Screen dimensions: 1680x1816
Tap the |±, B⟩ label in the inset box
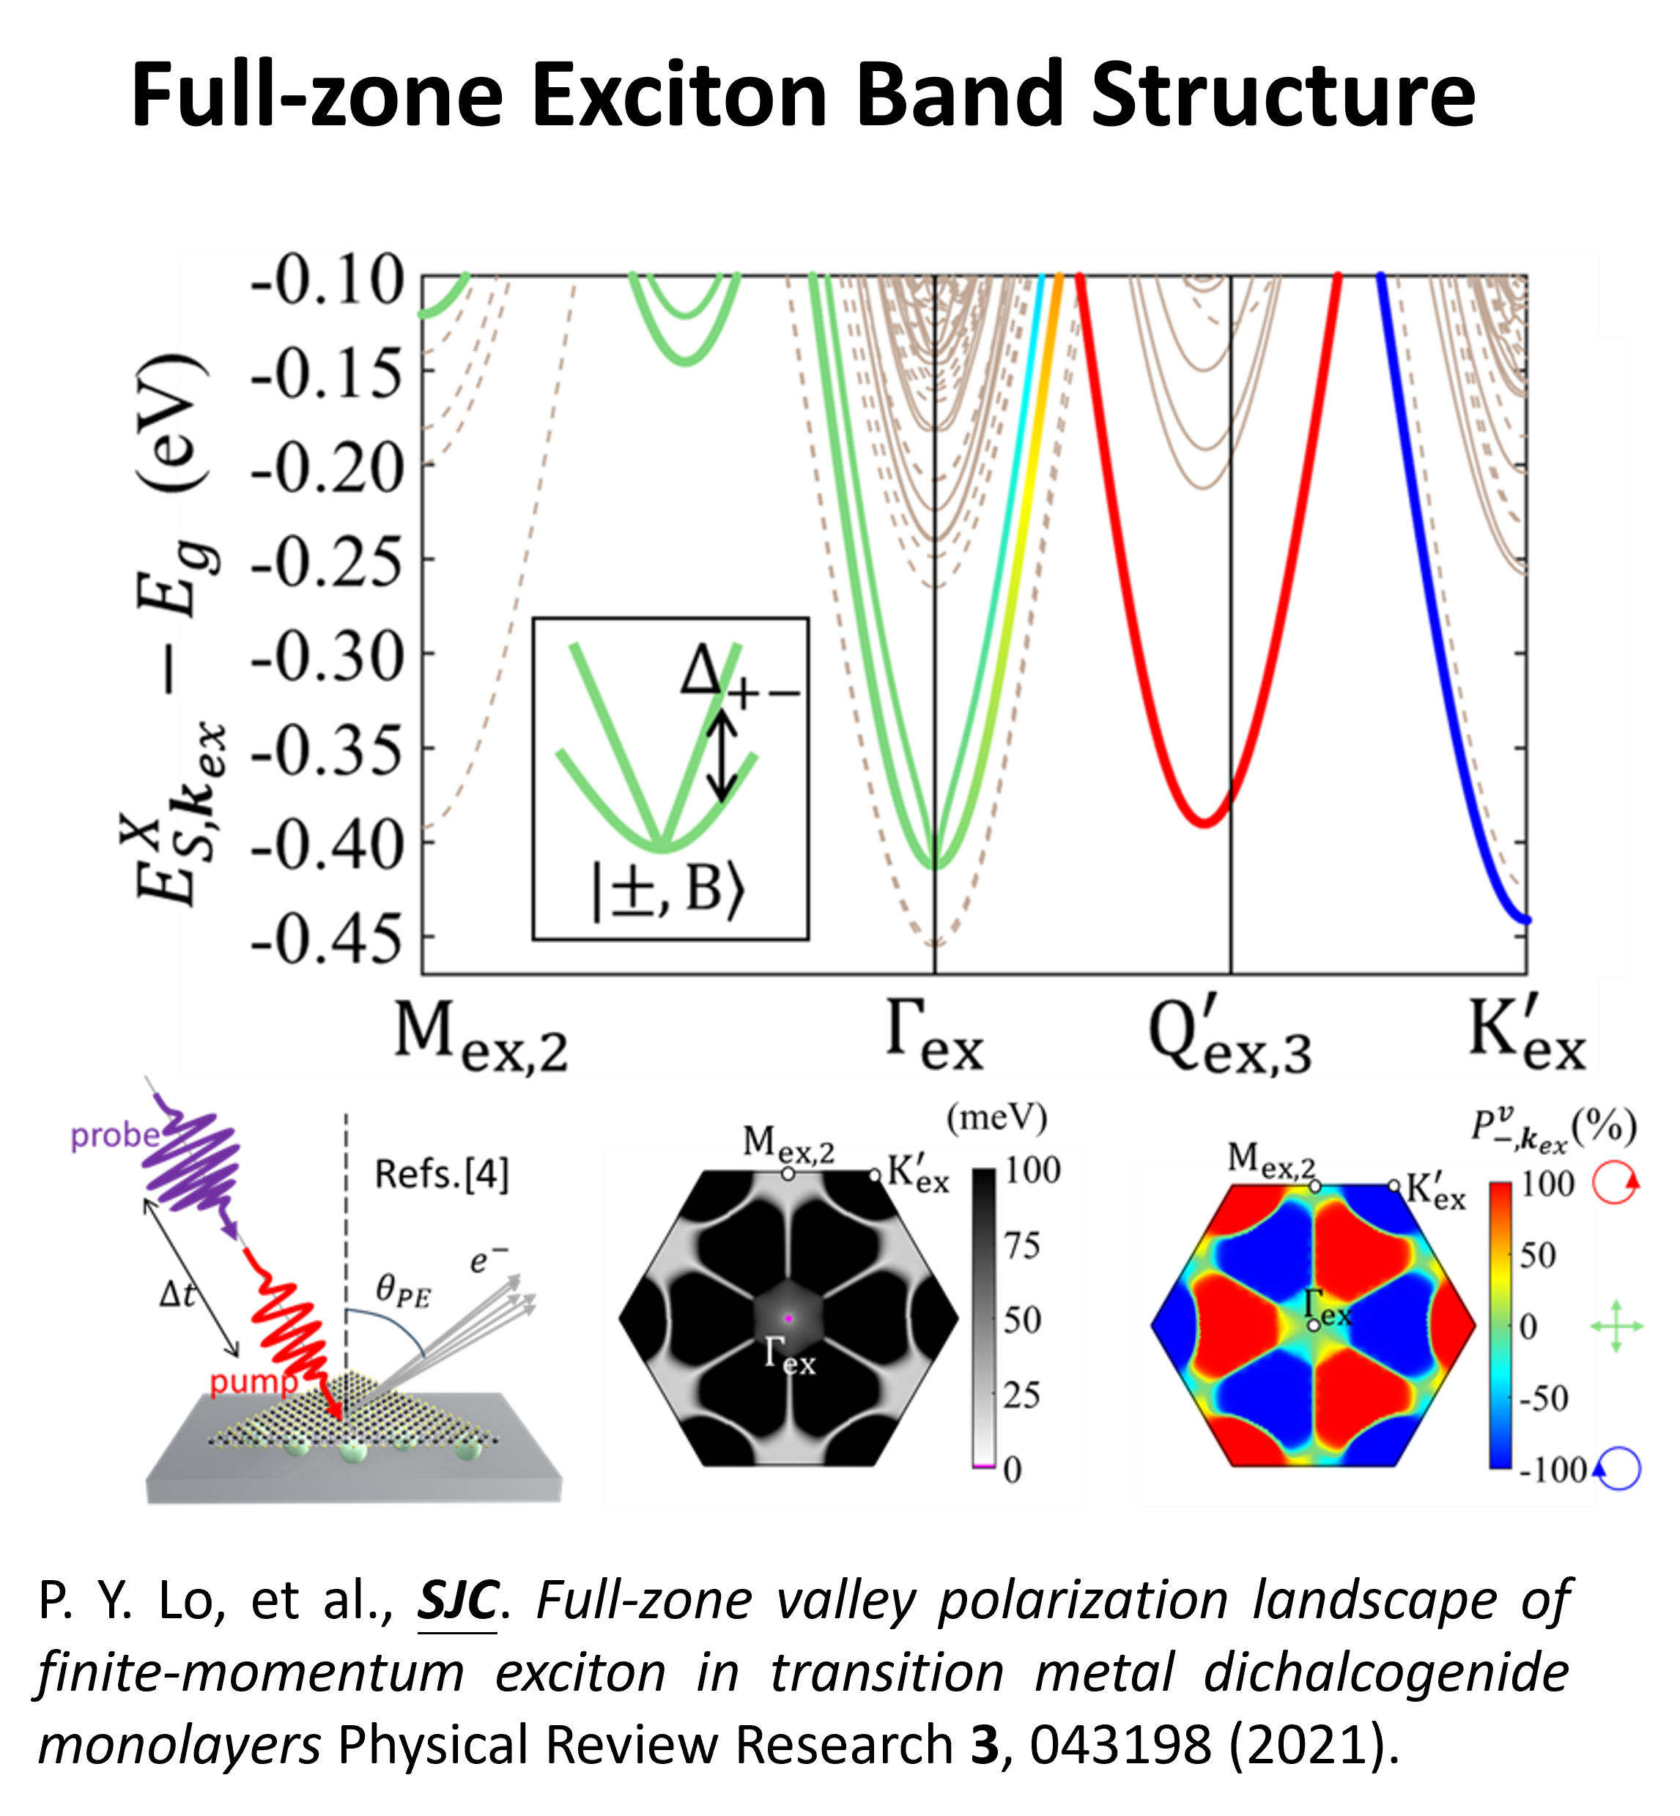pos(668,890)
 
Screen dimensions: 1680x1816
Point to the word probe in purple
pos(116,1135)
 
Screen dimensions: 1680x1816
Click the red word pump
pos(254,1382)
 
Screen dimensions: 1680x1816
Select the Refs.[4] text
pos(442,1174)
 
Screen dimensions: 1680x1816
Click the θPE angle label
pos(403,1291)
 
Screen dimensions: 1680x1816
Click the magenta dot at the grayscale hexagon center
pos(789,1318)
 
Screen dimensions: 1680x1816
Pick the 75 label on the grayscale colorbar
pos(1023,1246)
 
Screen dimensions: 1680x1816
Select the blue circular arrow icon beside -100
pos(1617,1468)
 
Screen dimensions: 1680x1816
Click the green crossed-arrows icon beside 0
pos(1616,1326)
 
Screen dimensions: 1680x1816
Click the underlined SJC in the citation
pos(457,1600)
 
